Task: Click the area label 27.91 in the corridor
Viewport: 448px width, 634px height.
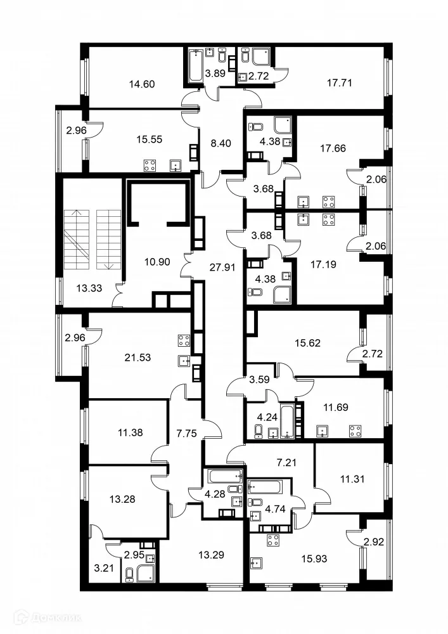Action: (x=222, y=267)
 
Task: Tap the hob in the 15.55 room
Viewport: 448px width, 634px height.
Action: (x=150, y=165)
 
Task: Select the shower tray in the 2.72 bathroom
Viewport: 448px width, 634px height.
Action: (x=261, y=58)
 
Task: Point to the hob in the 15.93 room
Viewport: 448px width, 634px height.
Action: (x=273, y=540)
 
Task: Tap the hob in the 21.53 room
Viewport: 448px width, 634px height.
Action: (x=184, y=340)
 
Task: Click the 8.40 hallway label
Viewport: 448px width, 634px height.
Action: (x=221, y=143)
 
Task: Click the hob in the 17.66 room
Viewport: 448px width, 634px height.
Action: (x=330, y=201)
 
